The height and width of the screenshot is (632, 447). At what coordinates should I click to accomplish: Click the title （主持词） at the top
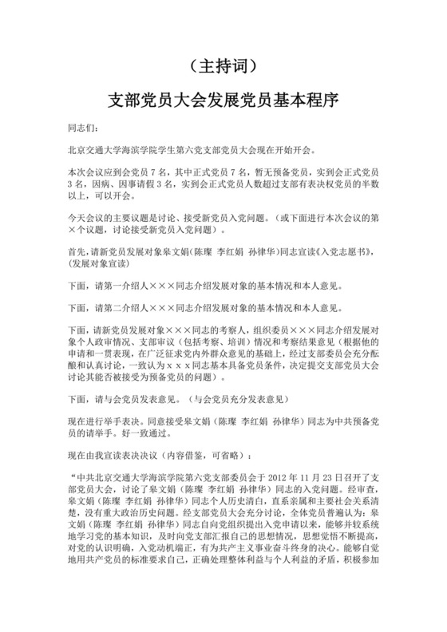pyautogui.click(x=223, y=66)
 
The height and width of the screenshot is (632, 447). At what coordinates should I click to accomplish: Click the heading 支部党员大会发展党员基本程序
pyautogui.click(x=223, y=101)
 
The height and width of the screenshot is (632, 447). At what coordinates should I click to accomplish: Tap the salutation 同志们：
pyautogui.click(x=81, y=127)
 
